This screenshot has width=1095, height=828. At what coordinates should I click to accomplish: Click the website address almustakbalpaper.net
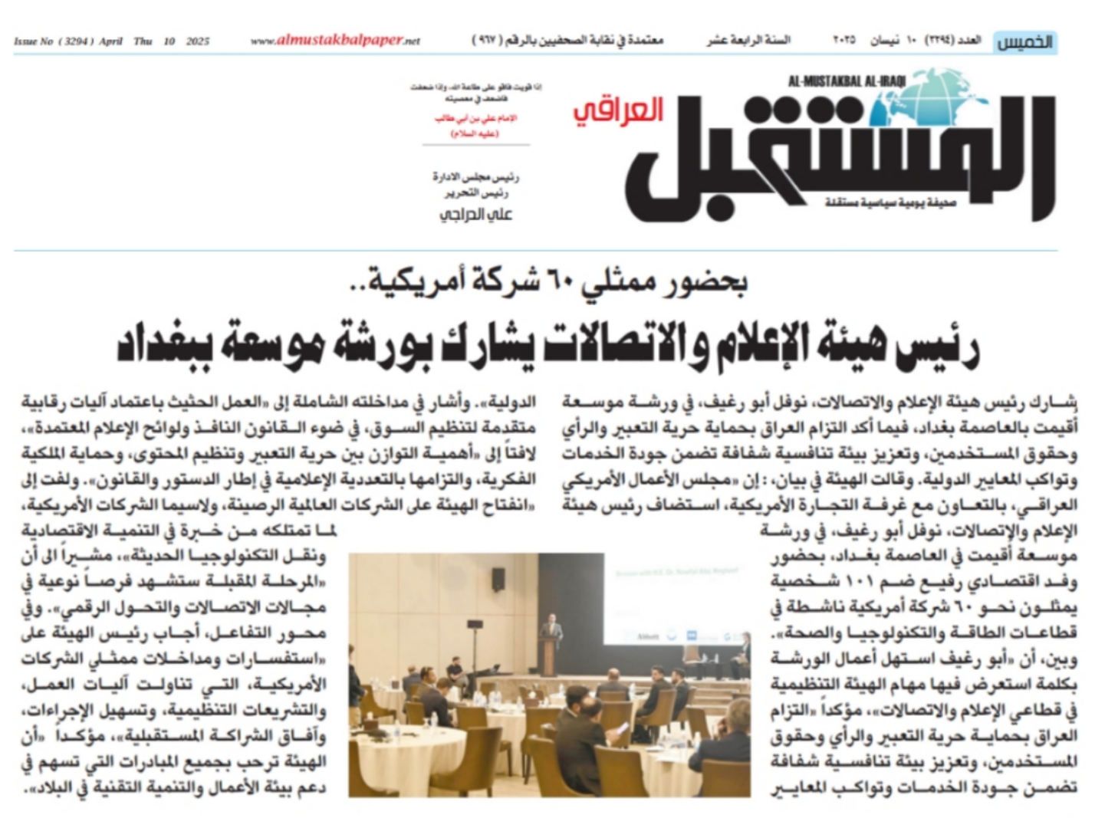point(336,41)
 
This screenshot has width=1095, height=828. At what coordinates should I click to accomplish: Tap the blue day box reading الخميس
point(1024,42)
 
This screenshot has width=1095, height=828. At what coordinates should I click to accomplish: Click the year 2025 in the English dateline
point(197,41)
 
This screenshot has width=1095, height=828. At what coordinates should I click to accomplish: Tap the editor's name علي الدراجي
point(475,215)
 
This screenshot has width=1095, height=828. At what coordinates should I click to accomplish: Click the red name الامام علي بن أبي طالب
point(475,118)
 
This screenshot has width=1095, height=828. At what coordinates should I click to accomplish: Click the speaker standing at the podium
point(551,632)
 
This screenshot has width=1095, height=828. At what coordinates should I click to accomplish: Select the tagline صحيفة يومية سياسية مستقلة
point(873,202)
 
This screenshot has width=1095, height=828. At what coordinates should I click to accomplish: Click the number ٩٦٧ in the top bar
point(485,41)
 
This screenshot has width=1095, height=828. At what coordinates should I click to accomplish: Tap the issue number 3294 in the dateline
point(76,41)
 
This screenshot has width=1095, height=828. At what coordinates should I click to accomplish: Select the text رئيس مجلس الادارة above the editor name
point(475,178)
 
